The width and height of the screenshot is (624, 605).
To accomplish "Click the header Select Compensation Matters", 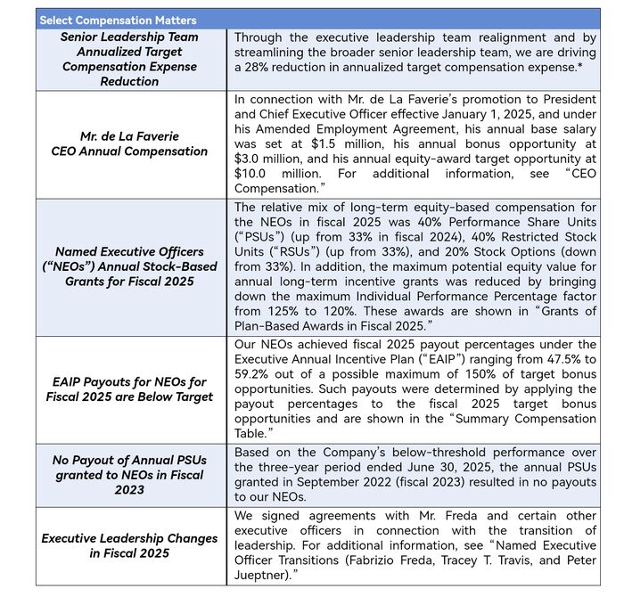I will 118,20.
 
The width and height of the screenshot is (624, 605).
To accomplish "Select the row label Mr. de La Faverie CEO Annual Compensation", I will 129,143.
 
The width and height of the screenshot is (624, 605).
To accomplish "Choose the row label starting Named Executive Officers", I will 129,266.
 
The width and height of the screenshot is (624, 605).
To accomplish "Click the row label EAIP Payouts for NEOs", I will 129,389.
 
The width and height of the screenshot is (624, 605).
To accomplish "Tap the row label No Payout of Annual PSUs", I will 129,474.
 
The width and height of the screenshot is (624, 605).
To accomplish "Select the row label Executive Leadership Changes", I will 129,545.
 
